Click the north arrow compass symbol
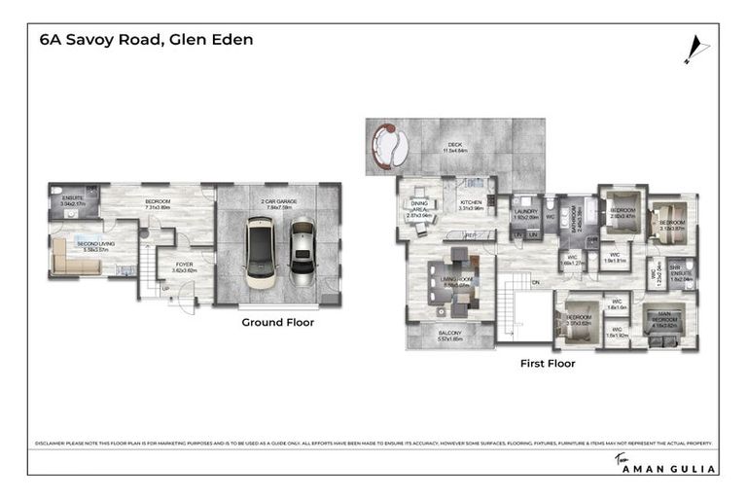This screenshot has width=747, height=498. [x=692, y=48]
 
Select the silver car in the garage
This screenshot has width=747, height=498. [x=302, y=251]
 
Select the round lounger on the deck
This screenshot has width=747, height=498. [x=392, y=147]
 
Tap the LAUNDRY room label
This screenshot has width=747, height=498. [x=526, y=213]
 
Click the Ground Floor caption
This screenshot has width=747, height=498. [x=277, y=322]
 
